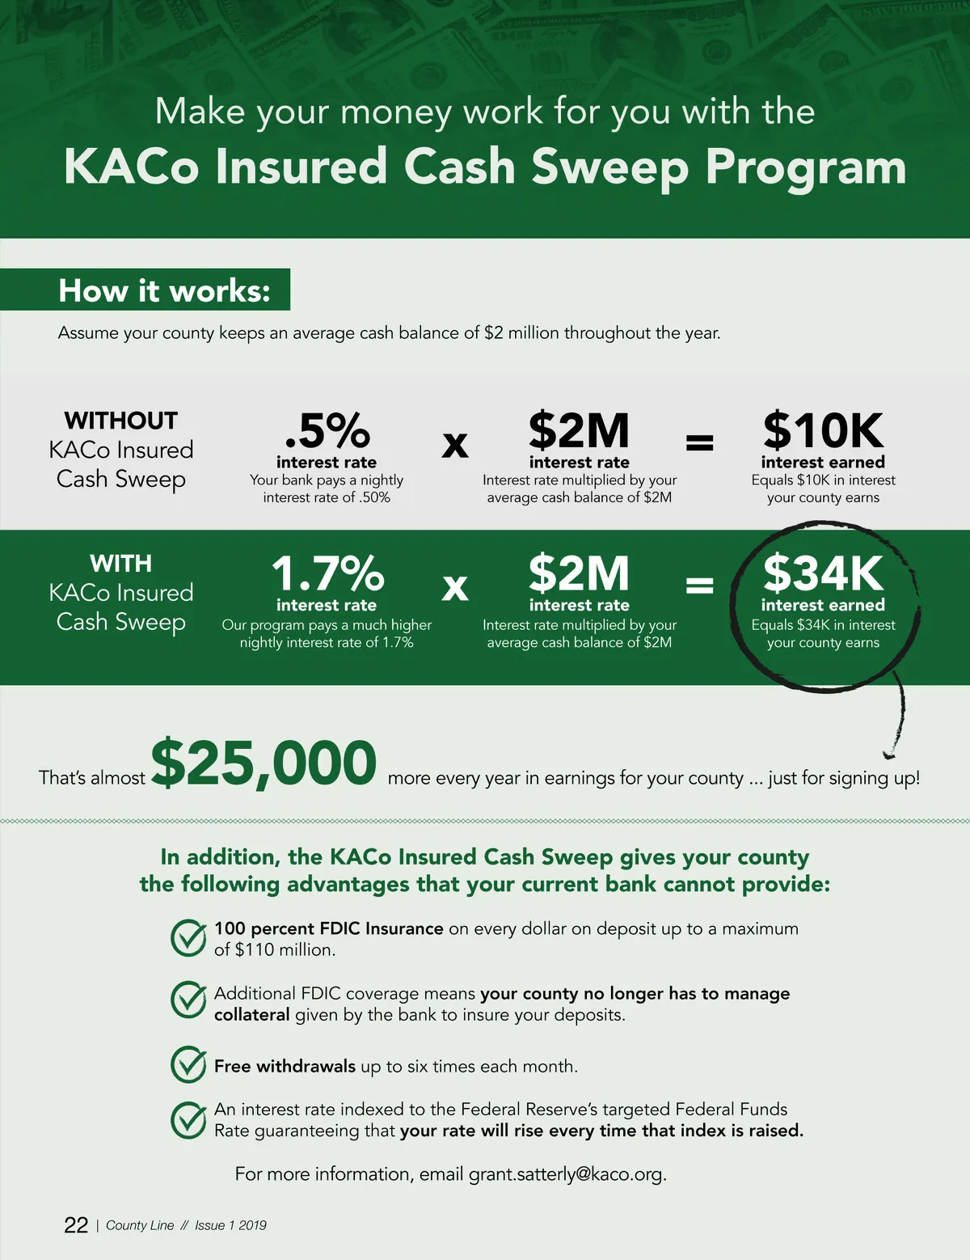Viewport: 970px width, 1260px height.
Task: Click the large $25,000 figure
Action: pos(264,763)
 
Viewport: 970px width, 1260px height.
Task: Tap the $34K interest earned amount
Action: pos(823,573)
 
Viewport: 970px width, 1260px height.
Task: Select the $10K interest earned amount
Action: pos(823,430)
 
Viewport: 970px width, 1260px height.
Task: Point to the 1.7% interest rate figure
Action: pos(327,573)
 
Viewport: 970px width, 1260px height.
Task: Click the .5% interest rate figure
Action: pos(327,430)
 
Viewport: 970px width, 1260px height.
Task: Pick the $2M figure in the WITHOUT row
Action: pos(579,430)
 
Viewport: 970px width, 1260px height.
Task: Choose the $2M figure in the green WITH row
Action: pos(579,573)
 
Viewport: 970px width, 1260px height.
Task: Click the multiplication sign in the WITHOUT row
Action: pos(455,444)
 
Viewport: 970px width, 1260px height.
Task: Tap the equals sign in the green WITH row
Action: pos(699,585)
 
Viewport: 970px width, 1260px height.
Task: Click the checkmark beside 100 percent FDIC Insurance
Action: pos(188,938)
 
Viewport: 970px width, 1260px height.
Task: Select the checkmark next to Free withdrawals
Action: pos(188,1064)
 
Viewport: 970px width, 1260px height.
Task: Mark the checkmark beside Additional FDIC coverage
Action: pos(188,1000)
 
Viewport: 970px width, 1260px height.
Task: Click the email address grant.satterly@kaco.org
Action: pos(566,1174)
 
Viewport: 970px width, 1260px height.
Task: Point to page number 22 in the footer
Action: pos(76,1225)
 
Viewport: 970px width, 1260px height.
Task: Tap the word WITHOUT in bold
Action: pos(121,421)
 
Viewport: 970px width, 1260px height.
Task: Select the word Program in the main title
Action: pos(805,167)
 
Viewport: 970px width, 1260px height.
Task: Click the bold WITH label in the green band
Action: pos(121,563)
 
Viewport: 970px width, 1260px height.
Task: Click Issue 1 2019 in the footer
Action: pos(230,1225)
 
